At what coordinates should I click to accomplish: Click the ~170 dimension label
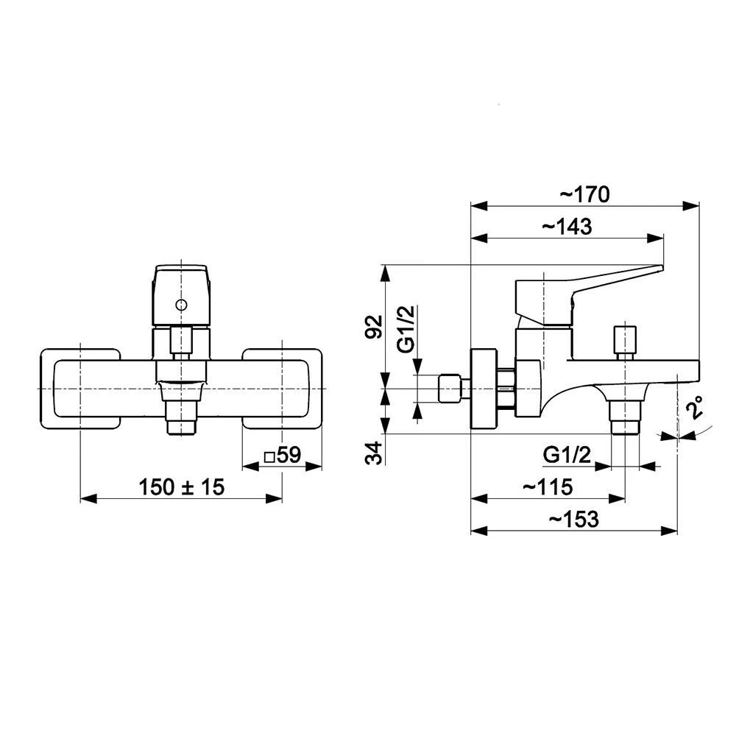(x=584, y=194)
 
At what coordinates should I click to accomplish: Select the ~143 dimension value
(x=567, y=227)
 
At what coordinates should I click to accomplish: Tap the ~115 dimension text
(x=548, y=486)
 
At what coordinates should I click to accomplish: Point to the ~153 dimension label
(x=573, y=519)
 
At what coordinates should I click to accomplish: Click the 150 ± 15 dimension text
(x=182, y=486)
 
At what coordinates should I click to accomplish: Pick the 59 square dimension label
(x=283, y=455)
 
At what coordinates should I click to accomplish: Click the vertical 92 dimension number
(x=374, y=327)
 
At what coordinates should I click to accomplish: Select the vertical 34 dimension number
(x=374, y=453)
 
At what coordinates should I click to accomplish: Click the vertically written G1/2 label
(x=406, y=328)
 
